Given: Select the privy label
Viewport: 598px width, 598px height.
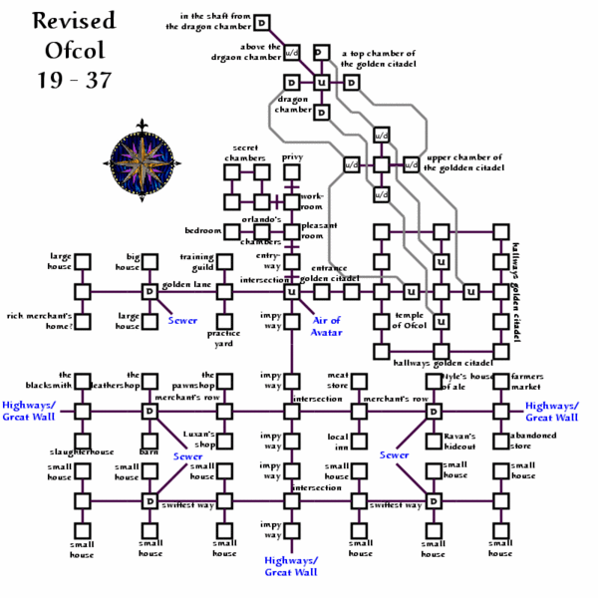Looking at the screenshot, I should click(292, 156).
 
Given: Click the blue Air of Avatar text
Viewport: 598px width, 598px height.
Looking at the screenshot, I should click(327, 326).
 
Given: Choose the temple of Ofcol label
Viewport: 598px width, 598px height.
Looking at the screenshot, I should click(409, 321).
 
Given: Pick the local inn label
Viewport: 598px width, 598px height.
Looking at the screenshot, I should click(338, 442).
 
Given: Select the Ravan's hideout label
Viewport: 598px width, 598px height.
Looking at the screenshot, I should click(445, 442).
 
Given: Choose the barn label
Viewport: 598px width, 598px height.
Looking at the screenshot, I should click(149, 450).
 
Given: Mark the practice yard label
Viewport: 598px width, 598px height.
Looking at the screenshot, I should click(222, 339).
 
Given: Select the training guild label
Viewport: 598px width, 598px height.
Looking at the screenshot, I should click(196, 262).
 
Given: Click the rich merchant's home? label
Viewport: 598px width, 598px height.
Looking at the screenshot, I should click(40, 321).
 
